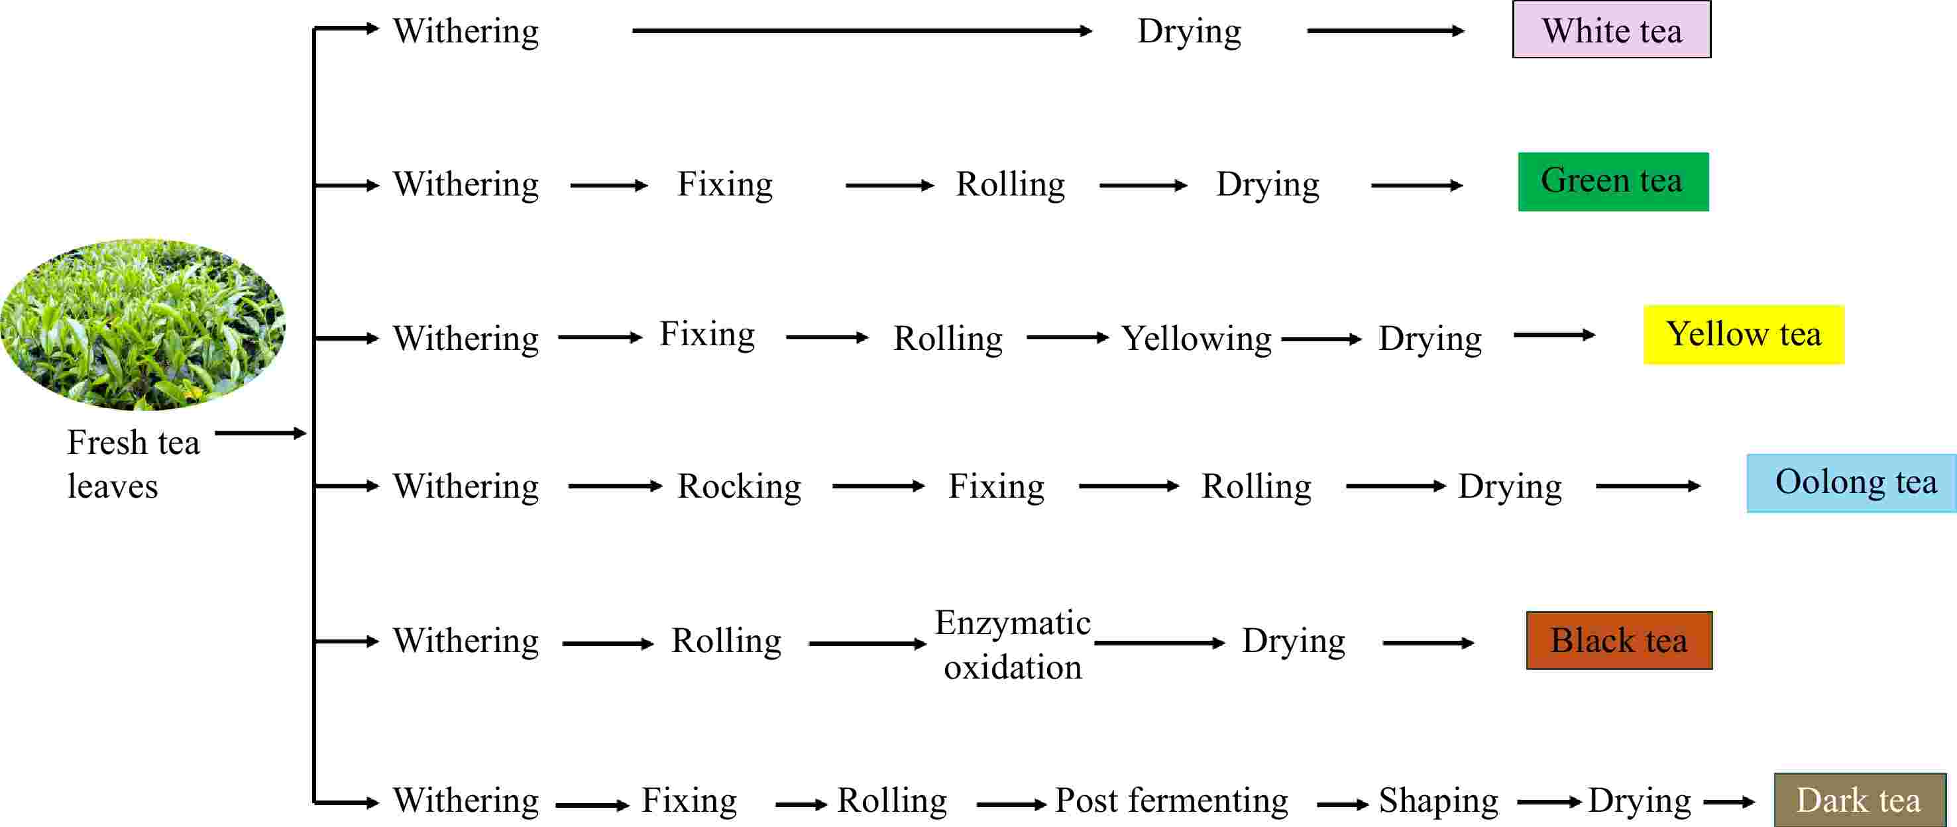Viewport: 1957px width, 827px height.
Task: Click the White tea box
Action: (x=1611, y=30)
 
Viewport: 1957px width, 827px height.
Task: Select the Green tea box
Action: (x=1613, y=182)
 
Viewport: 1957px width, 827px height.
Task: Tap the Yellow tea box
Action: (x=1744, y=334)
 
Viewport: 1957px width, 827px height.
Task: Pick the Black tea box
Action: (x=1619, y=640)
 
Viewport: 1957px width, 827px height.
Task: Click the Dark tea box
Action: (x=1859, y=800)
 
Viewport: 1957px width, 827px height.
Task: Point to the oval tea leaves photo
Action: (x=143, y=324)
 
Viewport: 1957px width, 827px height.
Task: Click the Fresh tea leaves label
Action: (x=133, y=463)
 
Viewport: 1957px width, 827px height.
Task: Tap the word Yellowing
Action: (x=1197, y=339)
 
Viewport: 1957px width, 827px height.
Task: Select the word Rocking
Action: (x=739, y=486)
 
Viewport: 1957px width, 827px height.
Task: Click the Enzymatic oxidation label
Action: (x=1013, y=644)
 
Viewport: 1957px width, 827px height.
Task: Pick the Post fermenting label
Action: (x=1172, y=800)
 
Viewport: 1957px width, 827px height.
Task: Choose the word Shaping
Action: (x=1438, y=800)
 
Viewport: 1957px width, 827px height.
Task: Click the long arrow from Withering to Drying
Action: (x=862, y=31)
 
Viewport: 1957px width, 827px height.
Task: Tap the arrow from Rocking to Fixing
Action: (x=878, y=486)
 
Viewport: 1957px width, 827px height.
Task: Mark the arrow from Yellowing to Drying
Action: (x=1322, y=339)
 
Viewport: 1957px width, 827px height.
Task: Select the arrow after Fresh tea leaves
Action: (x=260, y=433)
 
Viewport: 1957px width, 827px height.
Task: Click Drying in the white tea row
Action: (x=1189, y=32)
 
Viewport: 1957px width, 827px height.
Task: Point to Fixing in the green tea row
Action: (x=725, y=184)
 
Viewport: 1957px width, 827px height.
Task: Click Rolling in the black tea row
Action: (x=726, y=641)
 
